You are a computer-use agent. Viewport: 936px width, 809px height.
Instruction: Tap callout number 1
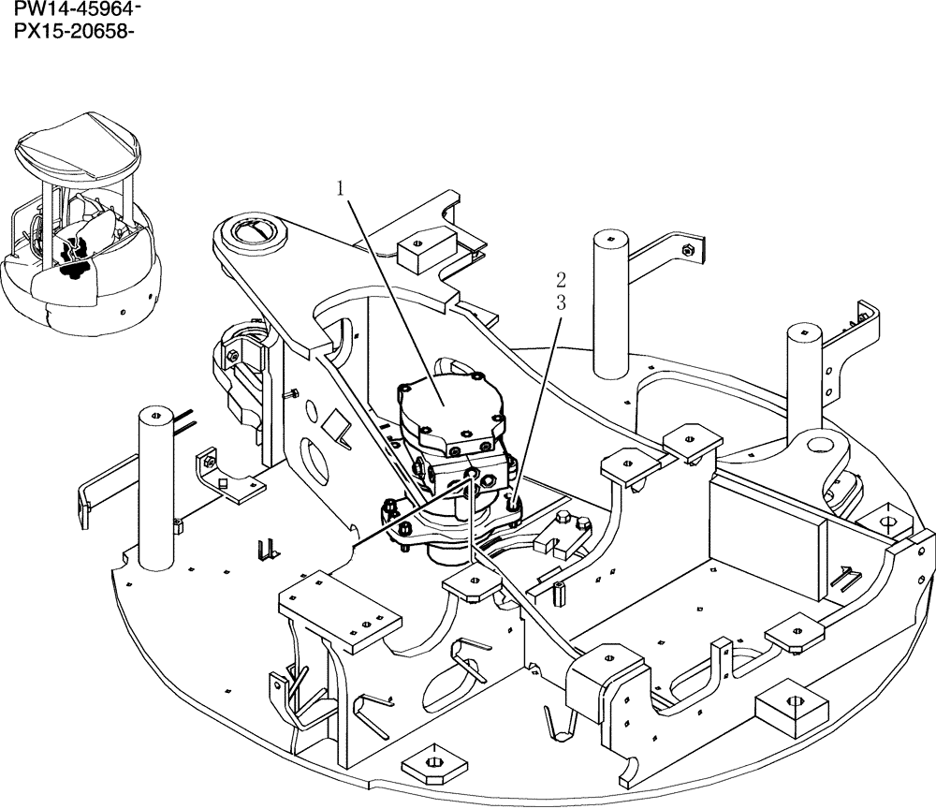click(343, 188)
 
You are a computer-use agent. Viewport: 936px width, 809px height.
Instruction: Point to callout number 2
click(560, 279)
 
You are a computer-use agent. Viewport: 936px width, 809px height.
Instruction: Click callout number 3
click(560, 302)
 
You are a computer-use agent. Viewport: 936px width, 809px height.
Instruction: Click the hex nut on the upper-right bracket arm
click(688, 250)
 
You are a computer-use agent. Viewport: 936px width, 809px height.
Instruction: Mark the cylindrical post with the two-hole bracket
click(803, 375)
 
